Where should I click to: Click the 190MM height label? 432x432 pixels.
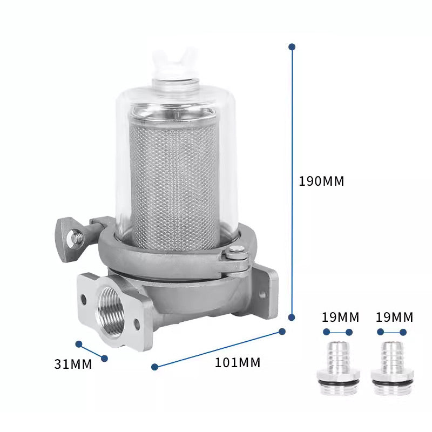pyautogui.click(x=321, y=181)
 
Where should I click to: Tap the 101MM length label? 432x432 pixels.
pyautogui.click(x=238, y=363)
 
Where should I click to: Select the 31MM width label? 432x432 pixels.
pyautogui.click(x=73, y=364)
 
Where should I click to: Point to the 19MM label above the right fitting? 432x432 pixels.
pyautogui.click(x=394, y=317)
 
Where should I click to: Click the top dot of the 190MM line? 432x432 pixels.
pyautogui.click(x=292, y=47)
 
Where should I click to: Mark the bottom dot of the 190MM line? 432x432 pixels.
pyautogui.click(x=292, y=318)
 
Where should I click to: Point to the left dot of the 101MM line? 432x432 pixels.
pyautogui.click(x=155, y=367)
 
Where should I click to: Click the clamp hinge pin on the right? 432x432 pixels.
pyautogui.click(x=236, y=250)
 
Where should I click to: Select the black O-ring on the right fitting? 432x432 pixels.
pyautogui.click(x=393, y=383)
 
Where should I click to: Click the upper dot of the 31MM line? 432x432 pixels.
pyautogui.click(x=79, y=344)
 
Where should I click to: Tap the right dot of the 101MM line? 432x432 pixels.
pyautogui.click(x=282, y=330)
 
